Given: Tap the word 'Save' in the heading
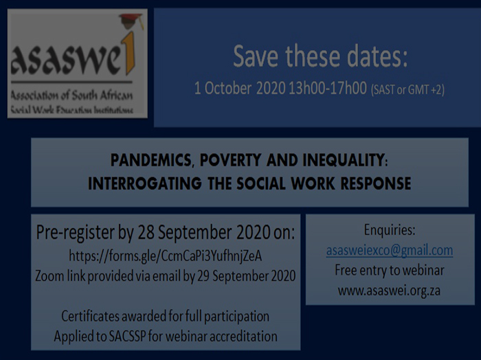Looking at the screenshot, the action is coord(256,56).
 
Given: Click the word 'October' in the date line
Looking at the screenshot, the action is coord(228,89).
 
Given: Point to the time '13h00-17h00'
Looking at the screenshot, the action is coord(328,89).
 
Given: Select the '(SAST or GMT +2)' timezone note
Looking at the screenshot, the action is coord(407,90).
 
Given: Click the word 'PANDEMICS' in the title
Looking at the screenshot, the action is coord(151,161).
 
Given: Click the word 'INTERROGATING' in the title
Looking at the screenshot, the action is coord(145,184).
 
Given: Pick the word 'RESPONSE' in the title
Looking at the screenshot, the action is coord(376,184).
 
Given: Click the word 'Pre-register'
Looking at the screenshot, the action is coord(76,232).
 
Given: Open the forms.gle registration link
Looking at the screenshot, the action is coord(166,256).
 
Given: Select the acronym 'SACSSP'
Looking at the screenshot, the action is coord(127,337).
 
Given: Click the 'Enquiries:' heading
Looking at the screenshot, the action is coord(390,230).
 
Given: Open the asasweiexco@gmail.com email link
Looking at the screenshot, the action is coord(390,251).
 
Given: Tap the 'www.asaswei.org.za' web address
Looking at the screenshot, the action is coord(390,291).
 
